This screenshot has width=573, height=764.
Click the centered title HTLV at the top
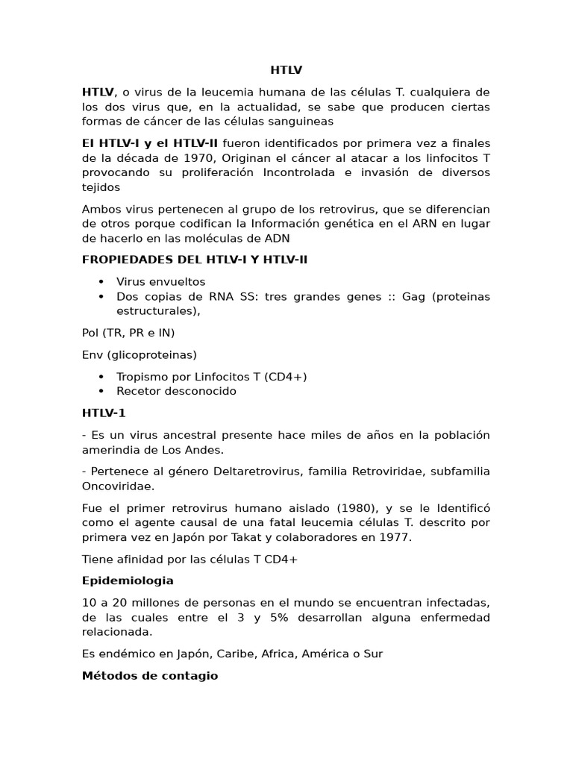(x=286, y=71)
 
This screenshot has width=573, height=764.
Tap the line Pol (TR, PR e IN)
(x=128, y=333)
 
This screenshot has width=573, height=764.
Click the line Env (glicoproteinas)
(x=140, y=354)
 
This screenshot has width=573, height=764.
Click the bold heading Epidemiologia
(x=128, y=580)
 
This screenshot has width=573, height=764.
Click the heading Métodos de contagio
(x=150, y=675)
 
